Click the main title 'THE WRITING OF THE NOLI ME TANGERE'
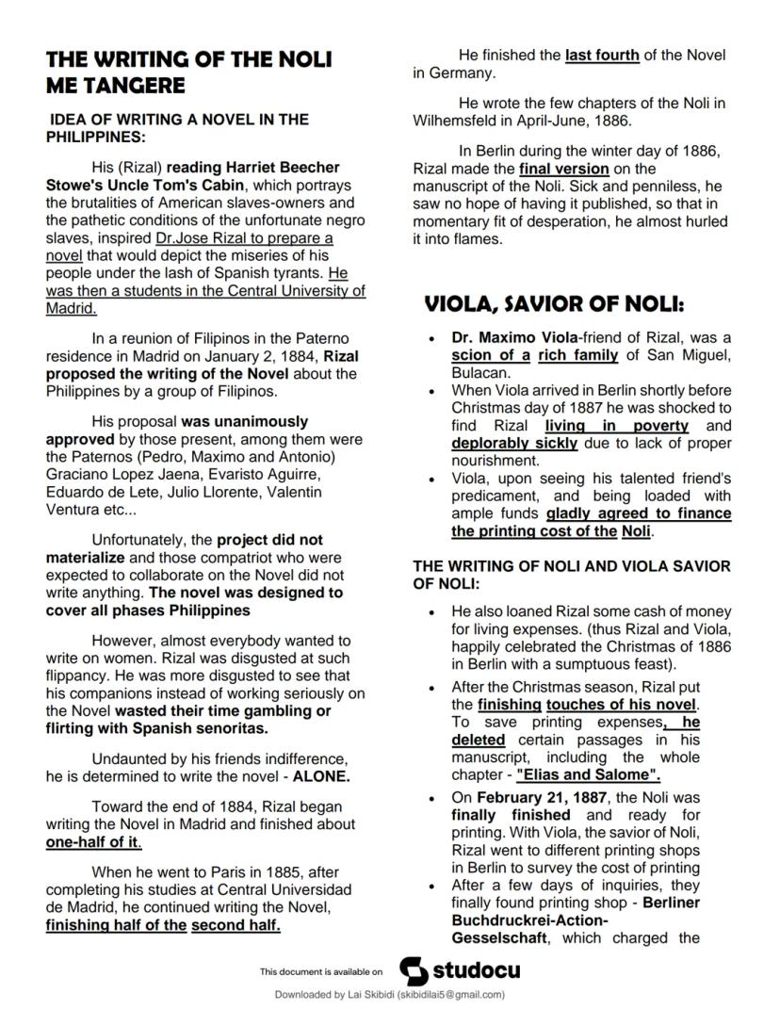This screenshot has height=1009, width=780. tap(188, 73)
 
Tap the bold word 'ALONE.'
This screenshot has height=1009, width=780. tap(321, 777)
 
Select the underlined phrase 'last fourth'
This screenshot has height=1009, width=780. tap(602, 56)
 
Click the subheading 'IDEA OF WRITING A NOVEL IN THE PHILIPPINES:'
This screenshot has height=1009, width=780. tap(177, 127)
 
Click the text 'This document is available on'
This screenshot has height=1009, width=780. tap(321, 971)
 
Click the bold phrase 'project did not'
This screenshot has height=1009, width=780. tap(269, 540)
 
